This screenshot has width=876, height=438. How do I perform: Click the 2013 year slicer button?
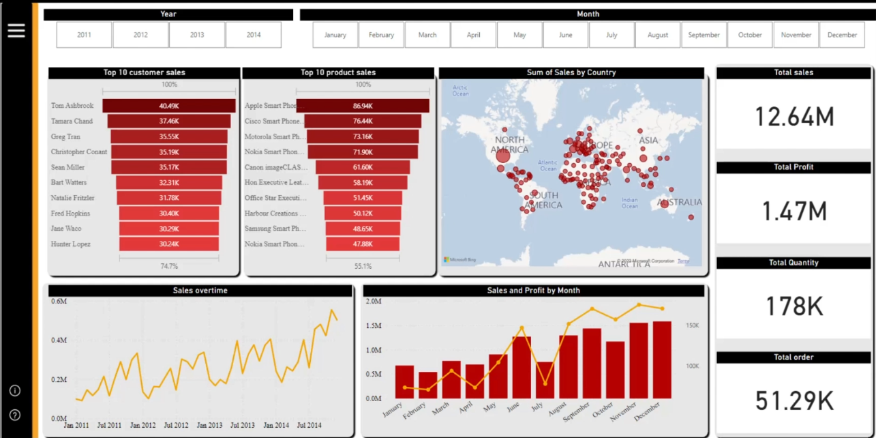[x=197, y=35]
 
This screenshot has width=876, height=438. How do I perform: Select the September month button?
[x=704, y=35]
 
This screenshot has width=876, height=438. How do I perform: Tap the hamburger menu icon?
[x=16, y=30]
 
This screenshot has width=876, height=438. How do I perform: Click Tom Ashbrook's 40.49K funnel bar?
[x=169, y=106]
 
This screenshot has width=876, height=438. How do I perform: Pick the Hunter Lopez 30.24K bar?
[x=169, y=244]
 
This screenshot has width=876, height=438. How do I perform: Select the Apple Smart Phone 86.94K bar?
[x=363, y=106]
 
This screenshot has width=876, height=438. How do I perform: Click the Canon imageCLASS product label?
[x=276, y=167]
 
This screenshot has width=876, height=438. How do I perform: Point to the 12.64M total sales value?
[x=794, y=117]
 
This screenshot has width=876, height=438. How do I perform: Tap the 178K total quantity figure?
[x=794, y=307]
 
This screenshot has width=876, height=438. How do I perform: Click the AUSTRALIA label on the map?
[x=679, y=203]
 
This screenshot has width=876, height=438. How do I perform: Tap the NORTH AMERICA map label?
[x=510, y=145]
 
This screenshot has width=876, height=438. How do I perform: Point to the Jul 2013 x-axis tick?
[x=243, y=425]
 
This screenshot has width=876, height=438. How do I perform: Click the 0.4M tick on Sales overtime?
[x=59, y=340]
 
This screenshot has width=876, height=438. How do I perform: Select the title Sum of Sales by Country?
[x=571, y=72]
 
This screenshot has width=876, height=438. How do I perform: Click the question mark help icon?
[x=15, y=415]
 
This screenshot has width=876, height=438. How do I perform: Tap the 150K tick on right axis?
[x=692, y=326]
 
